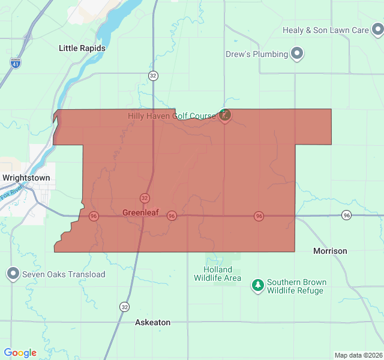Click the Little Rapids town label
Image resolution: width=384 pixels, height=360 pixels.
82,48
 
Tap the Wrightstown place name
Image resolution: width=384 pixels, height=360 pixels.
26,178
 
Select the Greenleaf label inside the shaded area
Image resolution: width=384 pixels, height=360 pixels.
140,212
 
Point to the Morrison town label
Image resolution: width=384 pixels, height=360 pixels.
330,251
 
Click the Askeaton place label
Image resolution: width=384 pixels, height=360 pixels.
152,322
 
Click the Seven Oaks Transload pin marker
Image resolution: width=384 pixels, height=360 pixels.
13,274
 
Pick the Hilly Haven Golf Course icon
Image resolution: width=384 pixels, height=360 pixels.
224,115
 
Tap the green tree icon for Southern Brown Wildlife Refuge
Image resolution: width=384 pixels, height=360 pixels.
258,286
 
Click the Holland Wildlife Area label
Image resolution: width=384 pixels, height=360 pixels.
217,274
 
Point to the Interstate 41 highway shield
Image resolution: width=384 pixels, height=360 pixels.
14,62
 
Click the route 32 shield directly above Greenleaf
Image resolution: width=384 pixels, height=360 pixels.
145,198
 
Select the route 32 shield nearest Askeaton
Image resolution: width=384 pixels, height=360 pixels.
124,307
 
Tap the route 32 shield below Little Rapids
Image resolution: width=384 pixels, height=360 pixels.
154,76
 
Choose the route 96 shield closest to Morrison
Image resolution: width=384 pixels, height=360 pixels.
346,215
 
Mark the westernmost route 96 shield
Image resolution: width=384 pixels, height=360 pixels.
94,216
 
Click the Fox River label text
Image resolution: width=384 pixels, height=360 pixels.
11,194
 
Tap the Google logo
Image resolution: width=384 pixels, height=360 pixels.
20,353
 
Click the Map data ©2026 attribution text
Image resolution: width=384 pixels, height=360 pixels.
358,355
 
